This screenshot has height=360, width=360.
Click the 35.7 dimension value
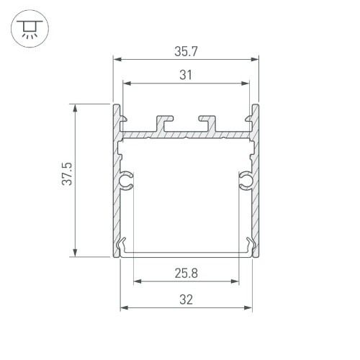coord(186,52)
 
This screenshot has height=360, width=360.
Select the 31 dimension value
coord(186,74)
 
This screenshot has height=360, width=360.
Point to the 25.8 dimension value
coord(186,273)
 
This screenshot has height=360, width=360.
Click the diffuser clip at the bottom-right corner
coord(250,246)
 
